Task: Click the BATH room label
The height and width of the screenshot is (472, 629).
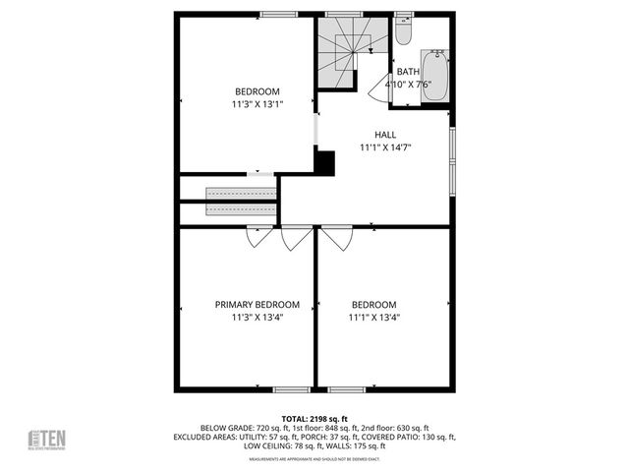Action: (407, 72)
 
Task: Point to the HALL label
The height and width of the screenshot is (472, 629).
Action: (384, 135)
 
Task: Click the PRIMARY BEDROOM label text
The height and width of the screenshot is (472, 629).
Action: (257, 305)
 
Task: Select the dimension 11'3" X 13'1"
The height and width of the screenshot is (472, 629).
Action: (257, 103)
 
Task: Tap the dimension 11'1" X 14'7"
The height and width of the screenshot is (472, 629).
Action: (384, 147)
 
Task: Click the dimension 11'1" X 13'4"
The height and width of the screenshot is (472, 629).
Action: (373, 317)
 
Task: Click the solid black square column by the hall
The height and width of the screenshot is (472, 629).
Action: (324, 162)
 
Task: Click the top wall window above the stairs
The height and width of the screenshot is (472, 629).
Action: (338, 15)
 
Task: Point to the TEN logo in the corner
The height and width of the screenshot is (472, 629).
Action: (45, 440)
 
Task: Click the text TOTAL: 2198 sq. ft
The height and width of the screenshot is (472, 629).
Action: (314, 418)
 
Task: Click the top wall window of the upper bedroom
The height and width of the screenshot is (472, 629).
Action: (279, 15)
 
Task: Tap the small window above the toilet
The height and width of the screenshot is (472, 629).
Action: (403, 15)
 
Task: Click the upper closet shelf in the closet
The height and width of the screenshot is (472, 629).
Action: (241, 193)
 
